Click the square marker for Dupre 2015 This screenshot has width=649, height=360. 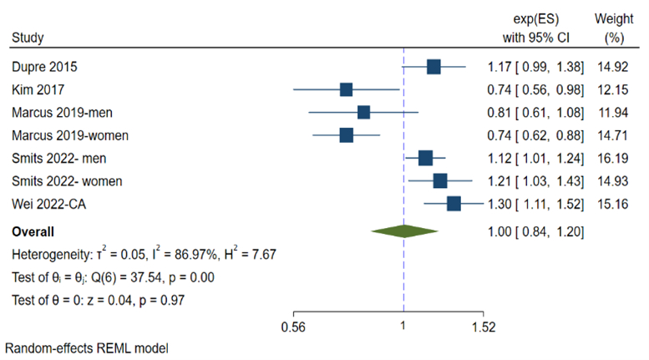click(433, 66)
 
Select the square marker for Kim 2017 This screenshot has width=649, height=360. click(347, 89)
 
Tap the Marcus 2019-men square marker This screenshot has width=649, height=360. click(363, 112)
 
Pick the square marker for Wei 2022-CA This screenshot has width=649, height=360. click(454, 203)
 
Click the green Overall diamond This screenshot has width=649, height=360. click(403, 231)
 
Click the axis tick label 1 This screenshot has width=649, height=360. click(403, 326)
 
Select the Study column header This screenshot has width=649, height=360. click(28, 38)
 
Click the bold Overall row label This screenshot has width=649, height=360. click(33, 231)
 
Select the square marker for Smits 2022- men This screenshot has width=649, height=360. click(425, 158)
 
